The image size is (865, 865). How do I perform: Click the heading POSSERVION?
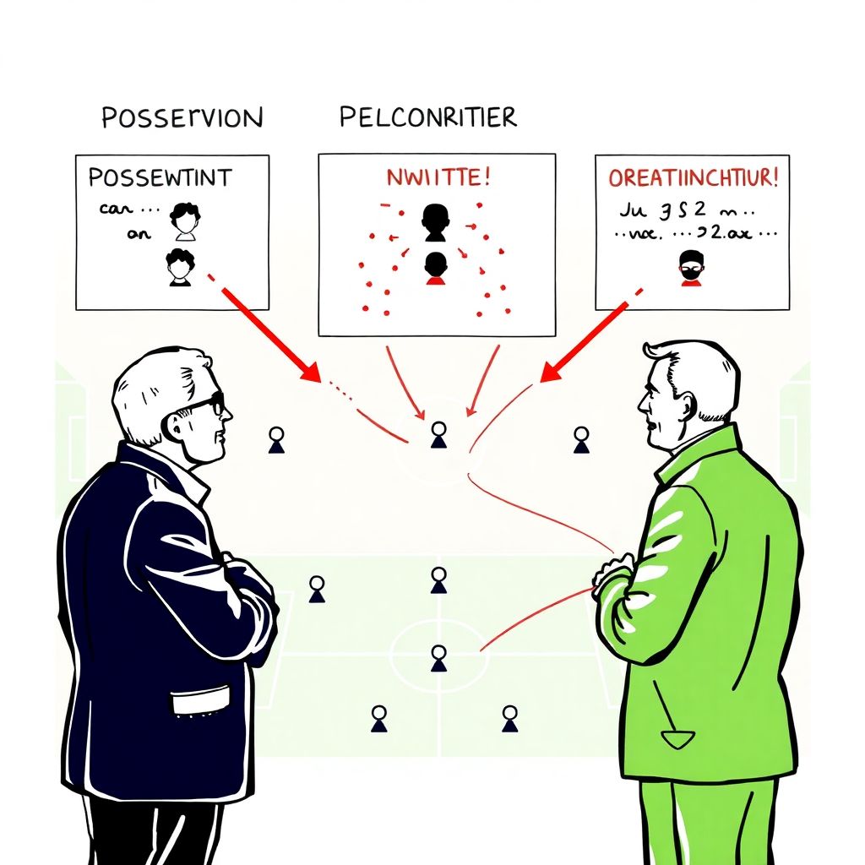pos(182,117)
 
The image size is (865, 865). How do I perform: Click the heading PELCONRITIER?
pos(427,117)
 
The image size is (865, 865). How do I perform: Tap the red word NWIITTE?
pos(436,178)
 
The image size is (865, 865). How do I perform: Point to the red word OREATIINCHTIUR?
pos(694,178)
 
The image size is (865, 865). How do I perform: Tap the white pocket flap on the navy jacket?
pos(199,700)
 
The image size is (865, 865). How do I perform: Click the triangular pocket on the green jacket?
pos(677,739)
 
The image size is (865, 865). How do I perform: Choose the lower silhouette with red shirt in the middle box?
pos(435,267)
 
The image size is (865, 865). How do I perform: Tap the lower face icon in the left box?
pos(179,267)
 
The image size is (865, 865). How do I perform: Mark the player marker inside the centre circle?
pos(438,657)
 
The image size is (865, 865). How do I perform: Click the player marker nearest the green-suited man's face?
pos(581,439)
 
